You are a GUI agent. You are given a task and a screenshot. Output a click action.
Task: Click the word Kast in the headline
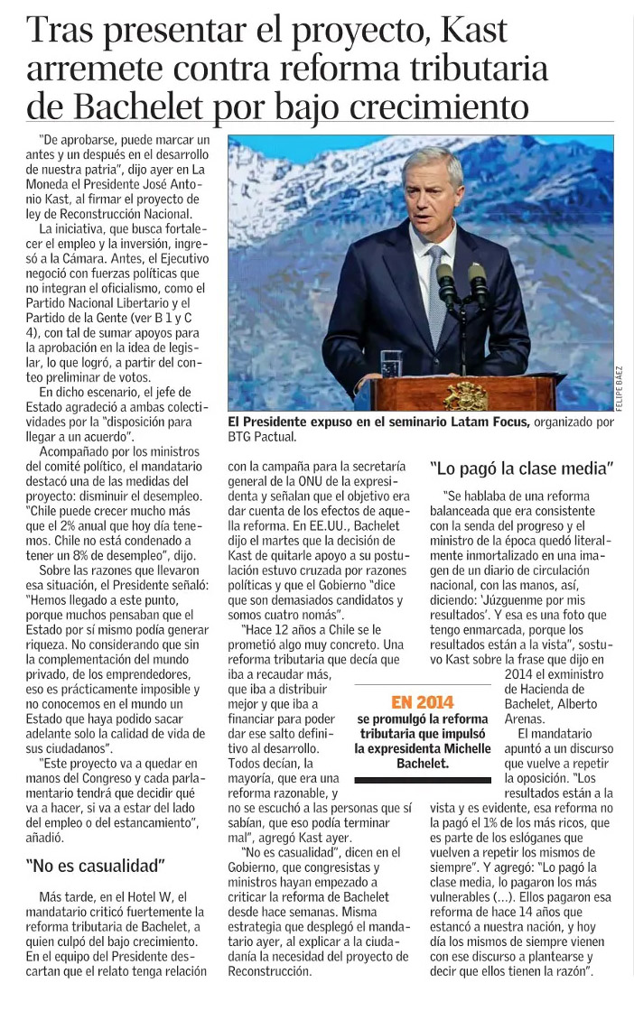coord(472,32)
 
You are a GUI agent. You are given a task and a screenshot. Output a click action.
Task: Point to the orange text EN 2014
coord(423,701)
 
